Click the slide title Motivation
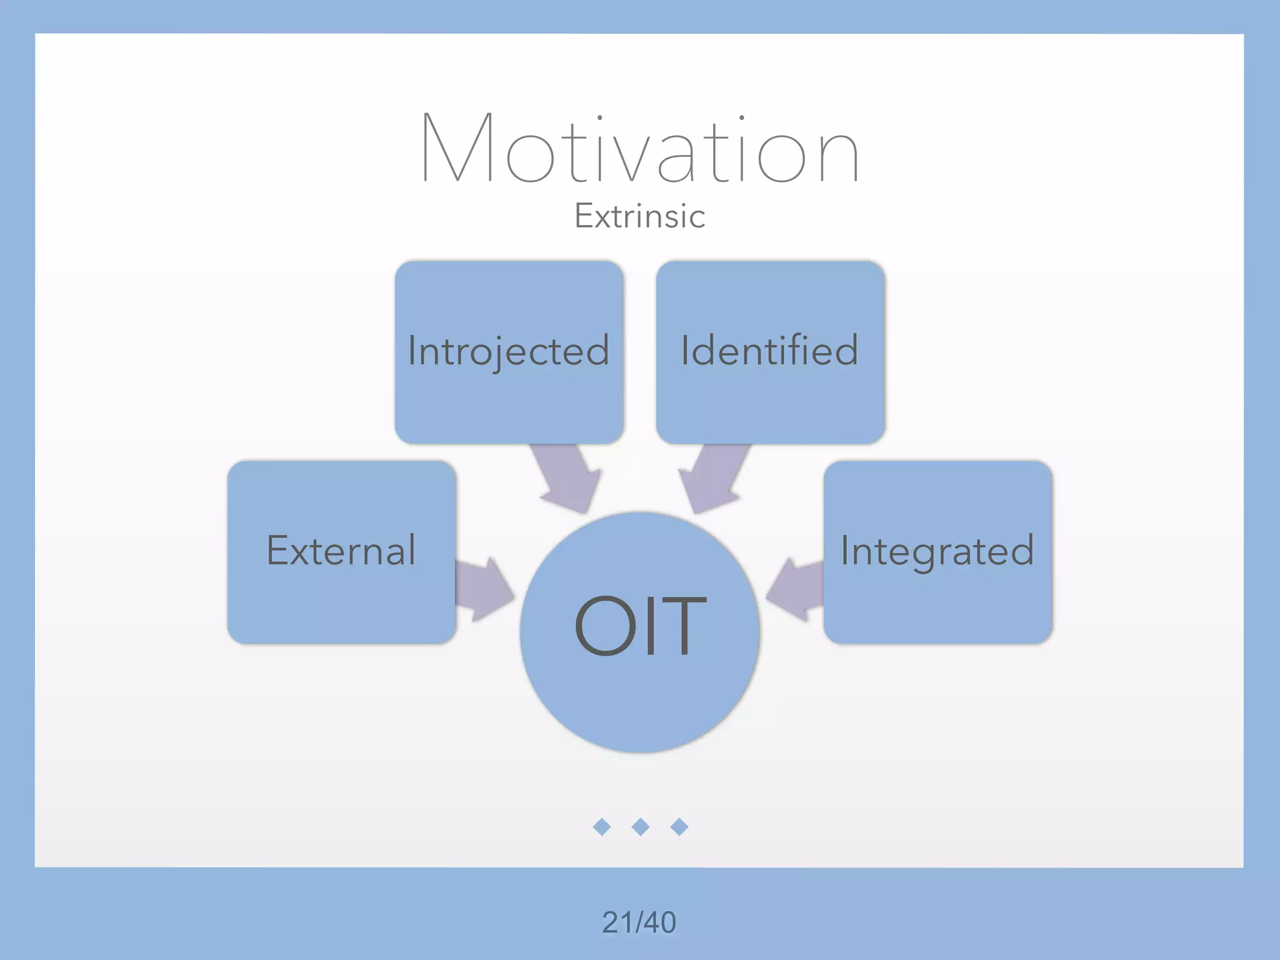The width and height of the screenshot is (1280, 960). pos(640,149)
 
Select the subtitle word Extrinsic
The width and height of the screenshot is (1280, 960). pos(640,216)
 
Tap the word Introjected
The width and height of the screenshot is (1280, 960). pos(508,351)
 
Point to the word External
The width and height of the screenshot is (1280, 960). pos(341,551)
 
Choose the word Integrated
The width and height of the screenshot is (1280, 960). pos(937,551)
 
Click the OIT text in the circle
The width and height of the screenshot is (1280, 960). pos(640,625)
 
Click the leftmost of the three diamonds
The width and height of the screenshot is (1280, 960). pos(601,827)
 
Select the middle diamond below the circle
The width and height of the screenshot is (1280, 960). pos(641,827)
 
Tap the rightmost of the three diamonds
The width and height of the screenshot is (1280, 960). pos(679,827)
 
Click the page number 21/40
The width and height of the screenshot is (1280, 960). pos(639,922)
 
